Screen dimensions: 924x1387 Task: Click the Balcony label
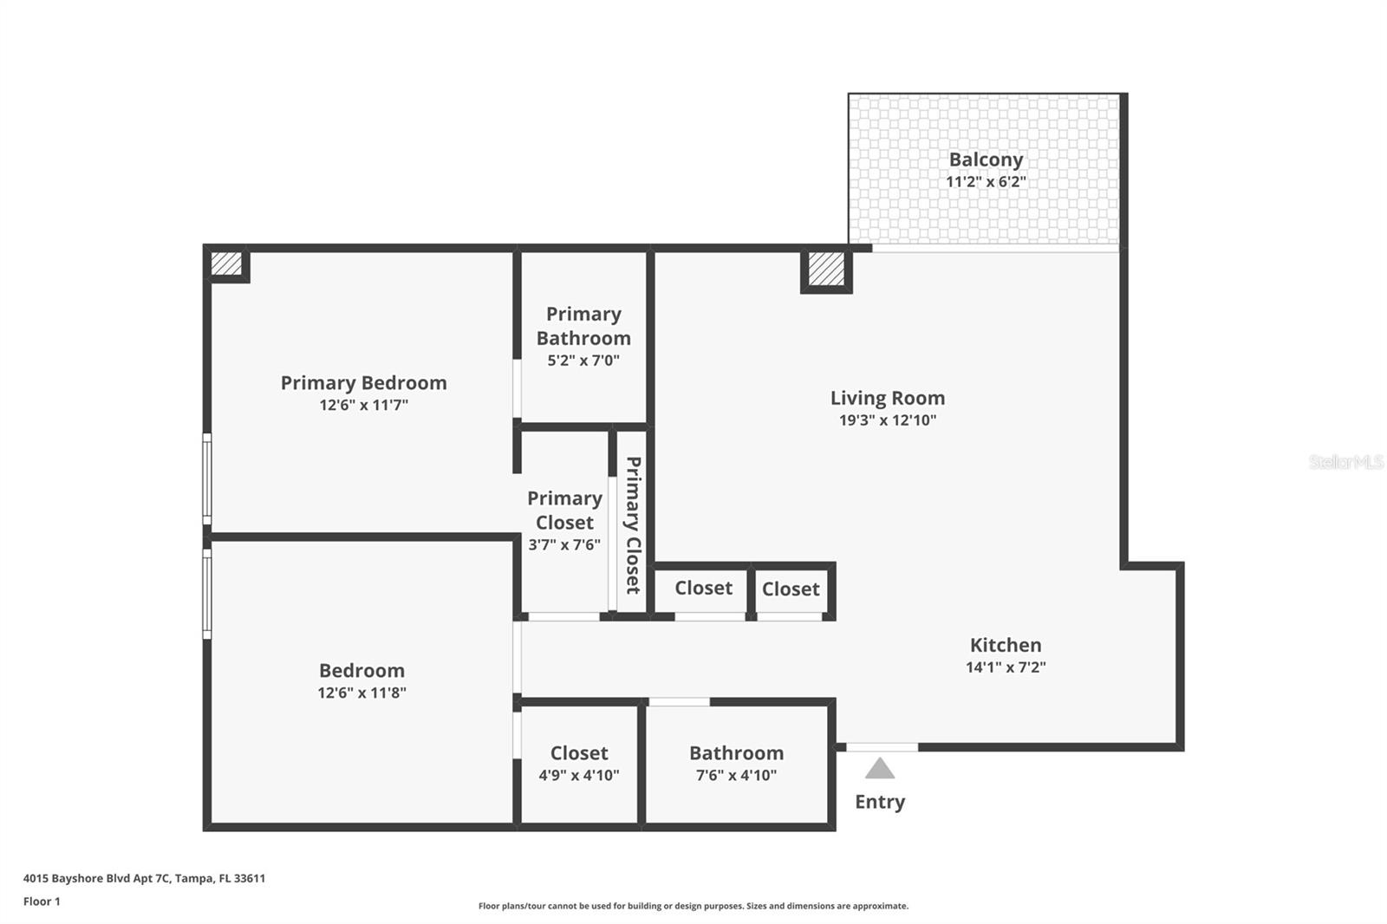click(986, 159)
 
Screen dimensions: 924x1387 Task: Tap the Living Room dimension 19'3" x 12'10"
click(888, 420)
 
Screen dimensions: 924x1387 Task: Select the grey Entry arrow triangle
click(879, 769)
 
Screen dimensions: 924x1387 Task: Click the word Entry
click(879, 802)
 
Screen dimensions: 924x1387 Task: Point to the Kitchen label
click(1006, 645)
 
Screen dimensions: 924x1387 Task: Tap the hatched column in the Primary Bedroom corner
click(226, 264)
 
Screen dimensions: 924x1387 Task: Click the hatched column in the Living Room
click(826, 269)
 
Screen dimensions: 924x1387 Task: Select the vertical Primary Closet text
click(634, 524)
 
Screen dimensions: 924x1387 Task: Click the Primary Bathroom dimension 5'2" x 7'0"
click(583, 361)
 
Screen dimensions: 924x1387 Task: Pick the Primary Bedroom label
click(363, 383)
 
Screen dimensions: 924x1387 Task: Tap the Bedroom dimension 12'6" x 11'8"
click(361, 693)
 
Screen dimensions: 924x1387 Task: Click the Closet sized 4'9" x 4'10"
click(579, 763)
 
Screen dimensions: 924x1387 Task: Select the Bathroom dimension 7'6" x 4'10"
click(736, 776)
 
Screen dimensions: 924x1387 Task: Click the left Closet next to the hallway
click(703, 589)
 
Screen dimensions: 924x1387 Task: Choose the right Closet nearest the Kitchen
click(791, 589)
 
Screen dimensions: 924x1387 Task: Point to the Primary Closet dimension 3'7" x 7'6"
click(564, 545)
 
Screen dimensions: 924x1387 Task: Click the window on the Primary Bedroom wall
click(207, 478)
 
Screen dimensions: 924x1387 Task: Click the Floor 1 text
click(42, 901)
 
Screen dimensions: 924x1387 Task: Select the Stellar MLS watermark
click(1345, 462)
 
